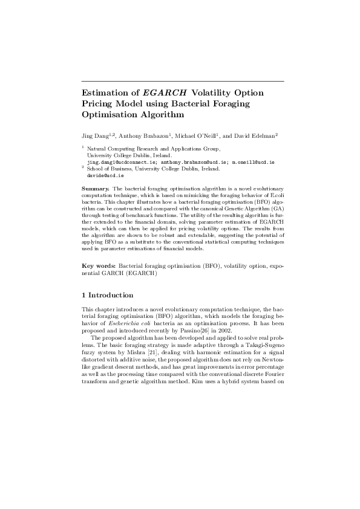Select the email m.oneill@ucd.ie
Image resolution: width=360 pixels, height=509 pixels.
point(254,163)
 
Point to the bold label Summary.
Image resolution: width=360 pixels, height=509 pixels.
point(94,189)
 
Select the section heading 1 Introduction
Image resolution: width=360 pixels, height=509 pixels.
point(108,295)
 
